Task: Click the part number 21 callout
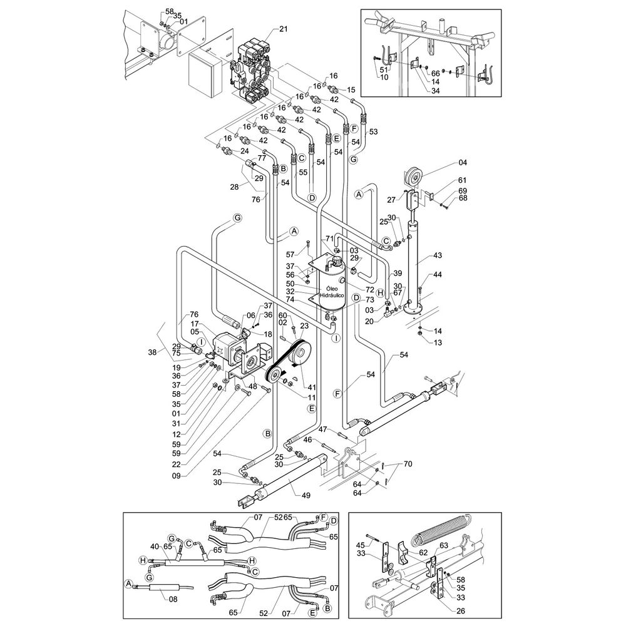click(283, 30)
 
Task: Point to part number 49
click(305, 496)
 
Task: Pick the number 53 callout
click(374, 132)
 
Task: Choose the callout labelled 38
click(152, 352)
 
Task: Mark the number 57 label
click(289, 254)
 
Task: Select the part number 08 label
click(156, 598)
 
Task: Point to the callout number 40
click(155, 545)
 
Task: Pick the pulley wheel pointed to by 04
click(414, 177)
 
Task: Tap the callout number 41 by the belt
click(312, 387)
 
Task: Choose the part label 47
click(323, 429)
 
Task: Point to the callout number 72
click(370, 290)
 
